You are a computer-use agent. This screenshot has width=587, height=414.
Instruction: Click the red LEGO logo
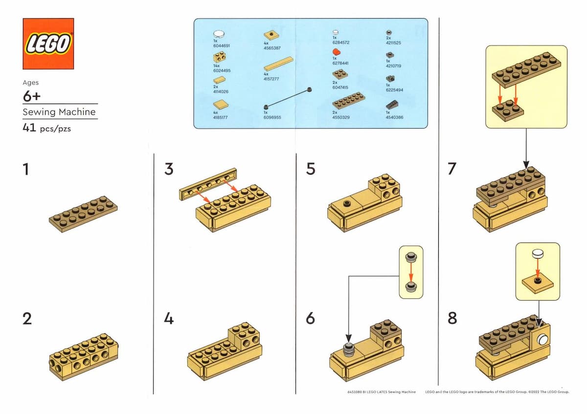coord(48,44)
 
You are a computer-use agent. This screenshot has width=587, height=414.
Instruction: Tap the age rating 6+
coord(31,96)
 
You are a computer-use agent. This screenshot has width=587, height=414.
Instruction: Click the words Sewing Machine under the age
coord(59,112)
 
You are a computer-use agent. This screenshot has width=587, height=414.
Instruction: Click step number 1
coord(26,169)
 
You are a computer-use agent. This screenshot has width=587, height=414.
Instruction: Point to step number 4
coord(169,319)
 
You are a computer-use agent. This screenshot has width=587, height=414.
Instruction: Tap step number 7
coord(452,169)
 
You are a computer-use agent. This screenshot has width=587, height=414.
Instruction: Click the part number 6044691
coord(222,45)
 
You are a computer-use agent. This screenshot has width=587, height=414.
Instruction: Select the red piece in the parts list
coord(336,52)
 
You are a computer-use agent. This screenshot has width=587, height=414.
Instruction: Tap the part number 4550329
coord(342,117)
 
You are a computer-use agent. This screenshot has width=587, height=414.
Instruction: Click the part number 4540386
coord(394,117)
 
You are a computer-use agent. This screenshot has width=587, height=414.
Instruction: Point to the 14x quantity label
coord(217,65)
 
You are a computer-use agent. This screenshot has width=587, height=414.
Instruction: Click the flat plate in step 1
coord(83,214)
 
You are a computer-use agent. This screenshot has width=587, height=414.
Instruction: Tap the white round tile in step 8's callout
coord(538,254)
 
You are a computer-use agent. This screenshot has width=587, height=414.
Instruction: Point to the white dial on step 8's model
coord(542,340)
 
